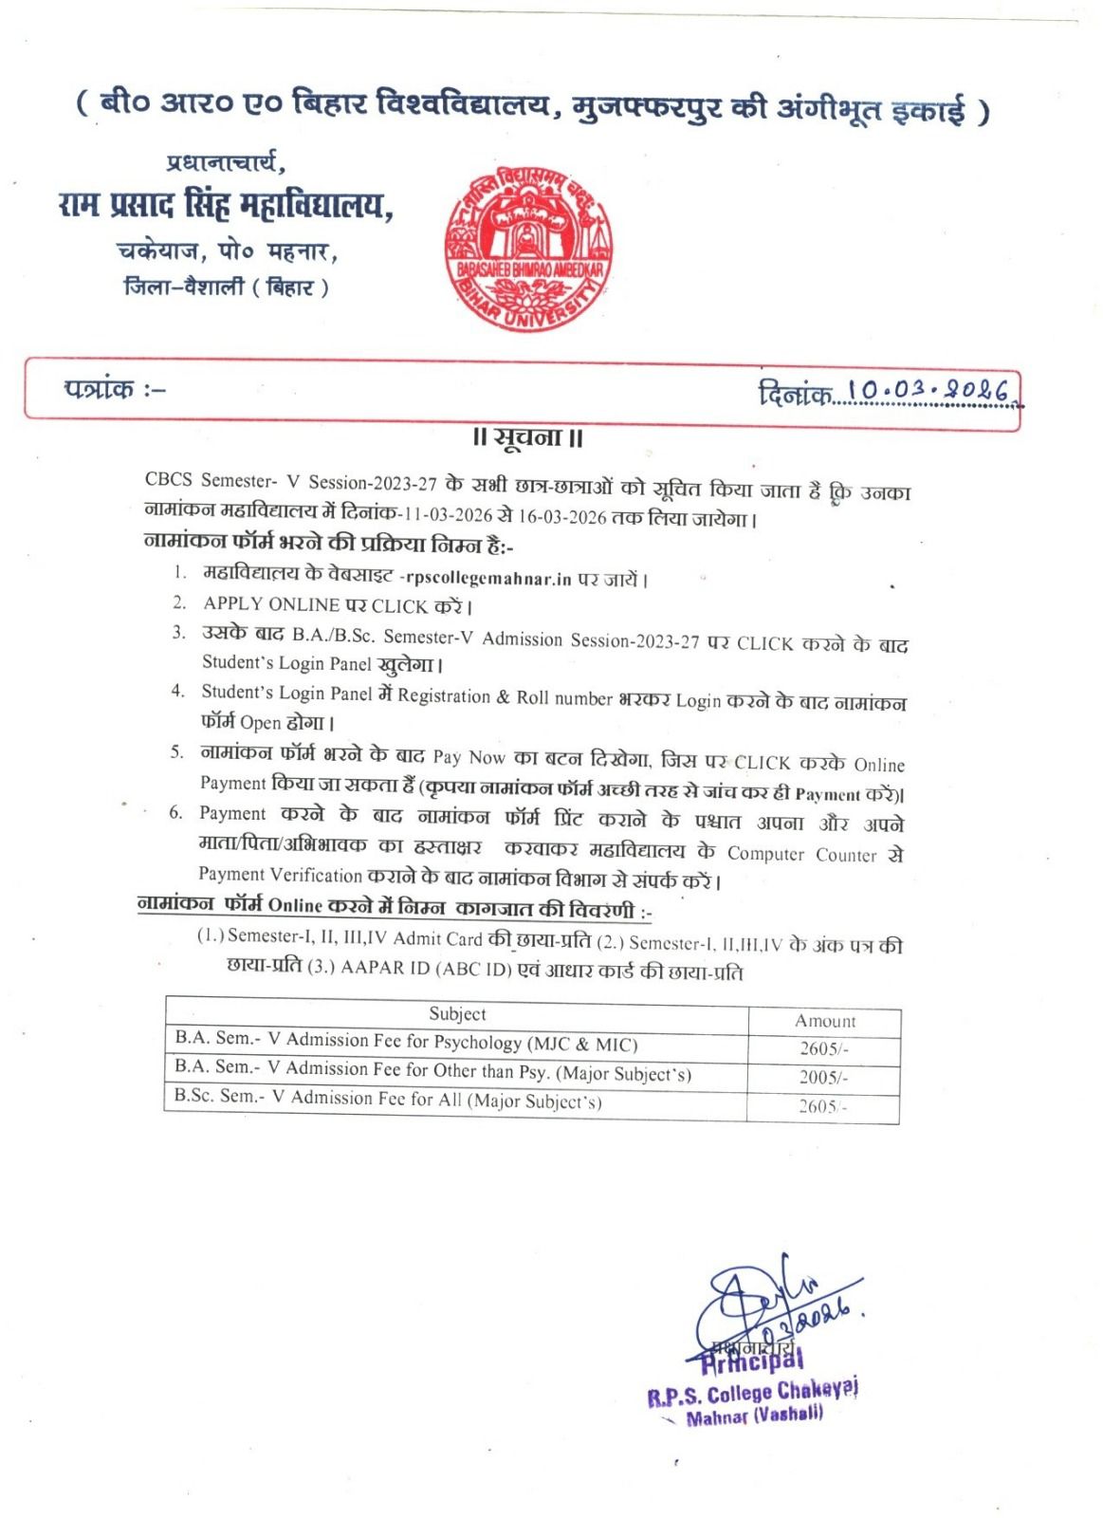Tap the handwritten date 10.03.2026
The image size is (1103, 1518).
930,390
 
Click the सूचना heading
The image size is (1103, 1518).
528,438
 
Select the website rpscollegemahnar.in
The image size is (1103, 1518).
487,579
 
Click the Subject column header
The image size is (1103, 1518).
457,1014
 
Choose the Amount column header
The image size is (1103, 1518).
824,1021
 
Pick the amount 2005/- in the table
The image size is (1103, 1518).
823,1077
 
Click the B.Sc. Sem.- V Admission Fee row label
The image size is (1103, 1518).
388,1099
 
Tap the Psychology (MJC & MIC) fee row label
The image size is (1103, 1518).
406,1042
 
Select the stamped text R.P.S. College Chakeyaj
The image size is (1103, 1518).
752,1394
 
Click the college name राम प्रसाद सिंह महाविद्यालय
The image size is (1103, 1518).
226,205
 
